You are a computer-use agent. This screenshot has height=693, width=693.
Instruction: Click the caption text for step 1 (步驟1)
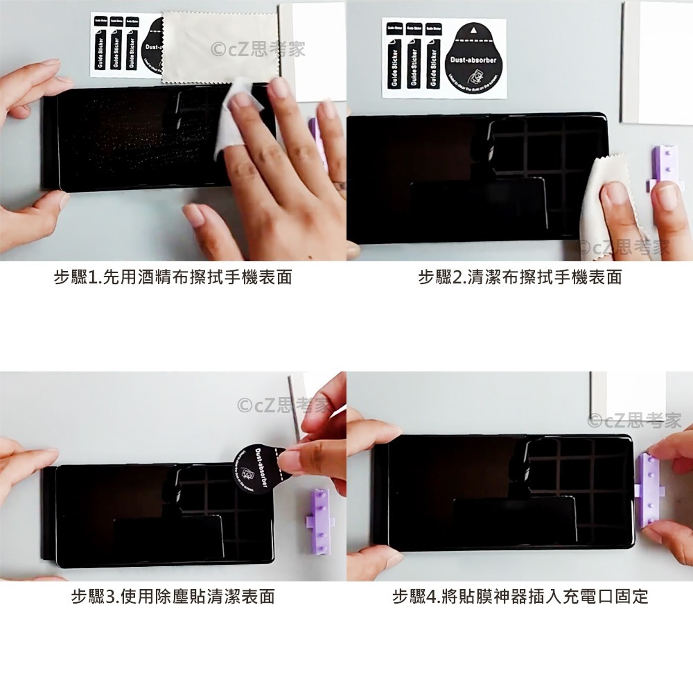point(173,278)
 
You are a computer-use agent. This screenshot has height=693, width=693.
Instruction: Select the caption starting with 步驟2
point(520,278)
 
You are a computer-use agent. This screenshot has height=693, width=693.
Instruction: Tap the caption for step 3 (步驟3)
point(173,596)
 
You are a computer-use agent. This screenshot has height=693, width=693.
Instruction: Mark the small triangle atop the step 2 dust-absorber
point(473,31)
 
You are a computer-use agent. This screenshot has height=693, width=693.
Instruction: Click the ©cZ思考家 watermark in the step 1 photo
point(258,49)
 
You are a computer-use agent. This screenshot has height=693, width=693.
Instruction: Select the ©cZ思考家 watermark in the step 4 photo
point(634,420)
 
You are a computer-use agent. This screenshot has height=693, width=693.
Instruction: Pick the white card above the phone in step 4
point(627,395)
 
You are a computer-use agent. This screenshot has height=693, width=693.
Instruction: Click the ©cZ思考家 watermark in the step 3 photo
point(284,405)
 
